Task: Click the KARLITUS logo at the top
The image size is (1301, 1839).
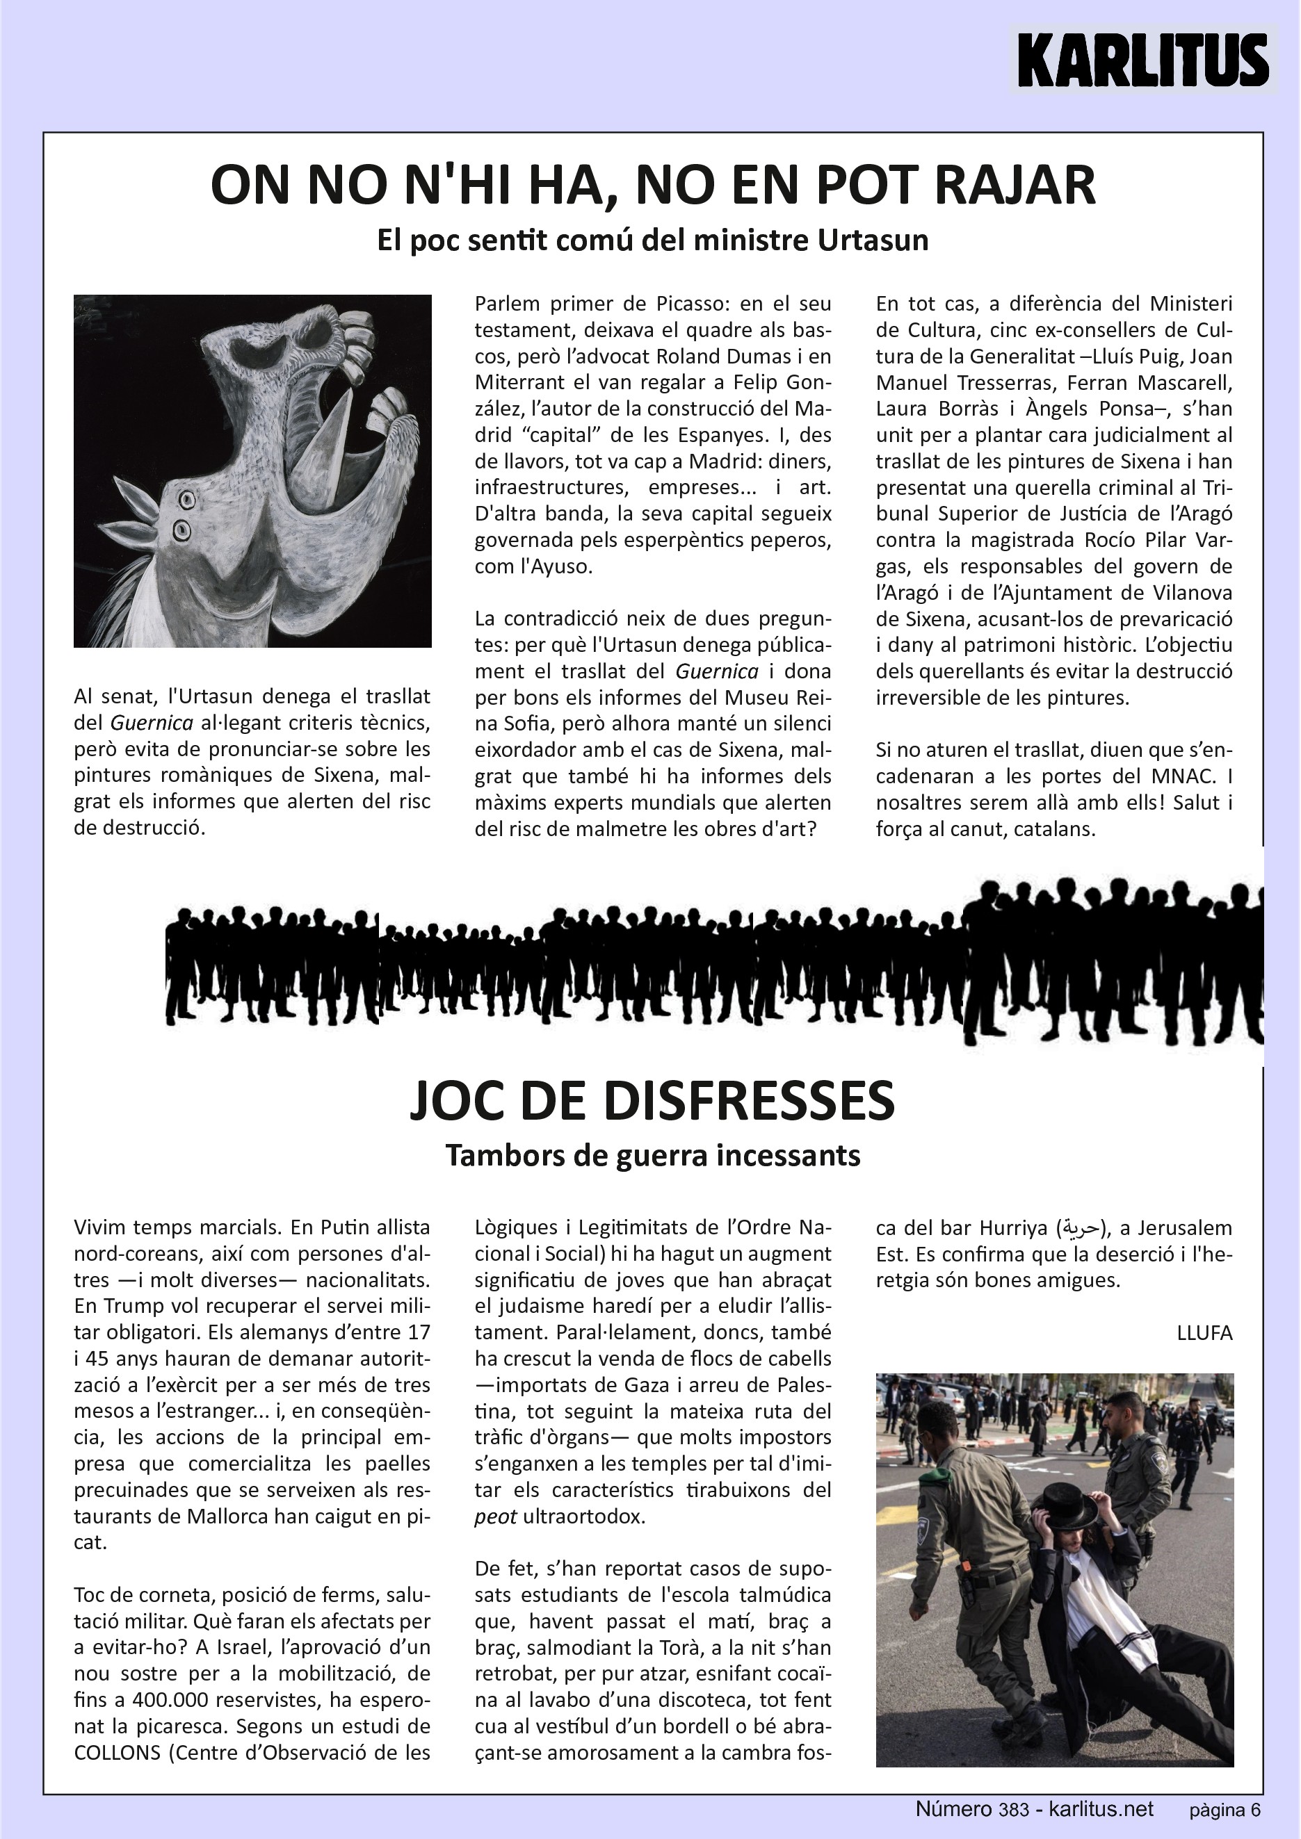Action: coord(1142,60)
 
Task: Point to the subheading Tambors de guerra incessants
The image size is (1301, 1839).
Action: coord(652,1155)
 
